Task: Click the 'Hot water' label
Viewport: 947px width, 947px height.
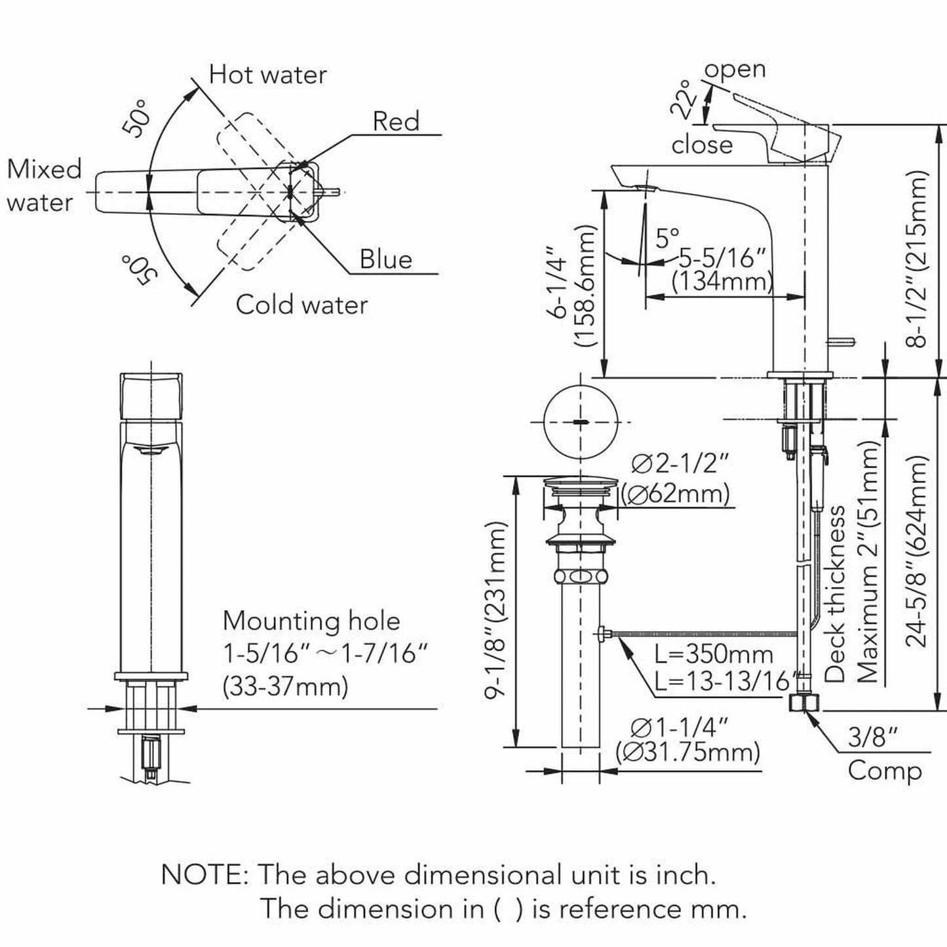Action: [267, 75]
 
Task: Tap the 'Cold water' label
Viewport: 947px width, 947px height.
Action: [301, 305]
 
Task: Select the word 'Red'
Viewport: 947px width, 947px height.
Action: [396, 121]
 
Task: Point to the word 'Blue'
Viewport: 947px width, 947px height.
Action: [385, 260]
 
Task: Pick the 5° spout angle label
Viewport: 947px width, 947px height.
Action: [667, 237]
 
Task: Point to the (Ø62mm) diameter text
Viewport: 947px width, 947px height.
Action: [675, 493]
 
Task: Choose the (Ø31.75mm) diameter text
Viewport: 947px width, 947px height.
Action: [688, 752]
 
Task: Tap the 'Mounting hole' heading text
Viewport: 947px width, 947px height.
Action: [311, 621]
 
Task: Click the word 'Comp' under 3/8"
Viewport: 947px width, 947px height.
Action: [885, 771]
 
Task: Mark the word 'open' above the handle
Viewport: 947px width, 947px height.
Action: [735, 69]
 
